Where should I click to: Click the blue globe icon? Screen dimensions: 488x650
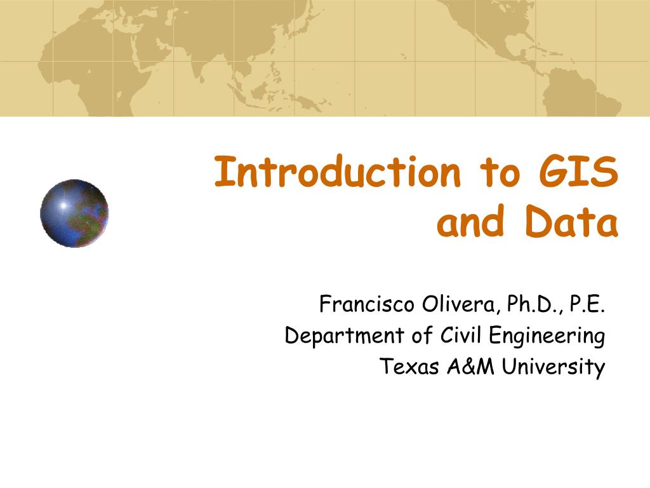point(74,213)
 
